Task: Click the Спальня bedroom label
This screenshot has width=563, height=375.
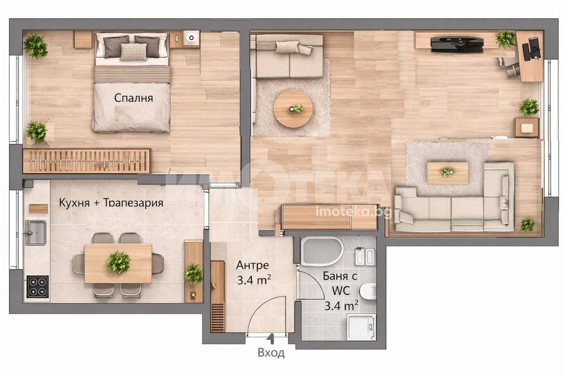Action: tap(133, 98)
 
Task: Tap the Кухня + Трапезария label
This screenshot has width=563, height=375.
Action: tap(111, 202)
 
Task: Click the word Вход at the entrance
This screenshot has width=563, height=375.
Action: tap(271, 353)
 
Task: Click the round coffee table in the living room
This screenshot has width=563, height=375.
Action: tap(293, 109)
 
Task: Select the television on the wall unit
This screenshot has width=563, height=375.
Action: tap(457, 44)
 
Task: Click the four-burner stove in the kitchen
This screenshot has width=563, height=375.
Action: tap(37, 286)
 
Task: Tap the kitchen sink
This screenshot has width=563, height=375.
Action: tap(36, 232)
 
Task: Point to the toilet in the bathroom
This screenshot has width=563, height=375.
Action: tap(368, 291)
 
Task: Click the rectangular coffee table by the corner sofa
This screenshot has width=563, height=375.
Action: tap(448, 173)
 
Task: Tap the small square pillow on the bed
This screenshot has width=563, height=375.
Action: tap(133, 52)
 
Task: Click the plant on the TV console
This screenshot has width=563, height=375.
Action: tap(505, 39)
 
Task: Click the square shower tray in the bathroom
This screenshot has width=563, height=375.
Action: tap(361, 327)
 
